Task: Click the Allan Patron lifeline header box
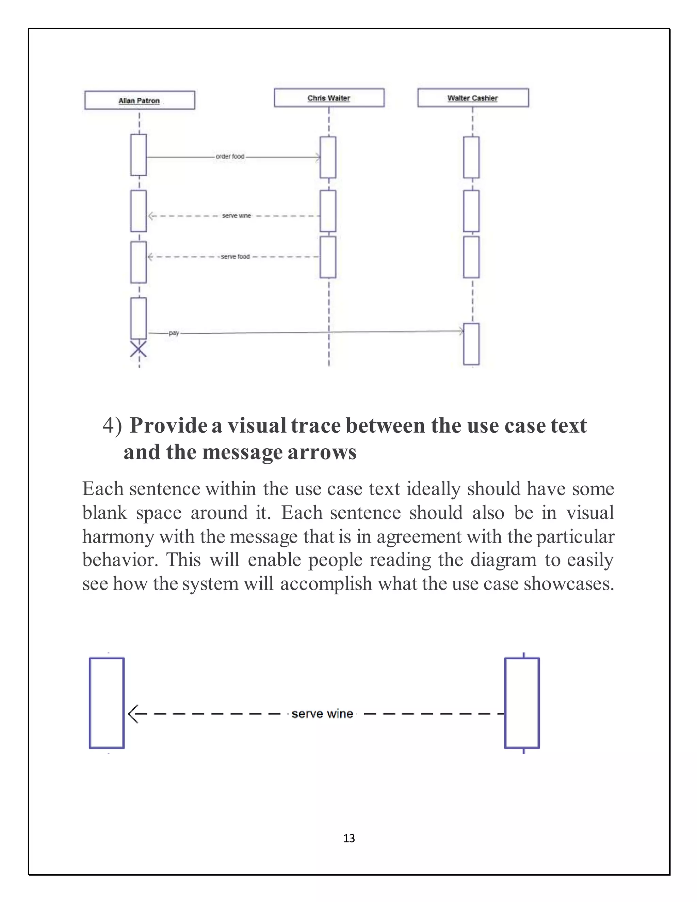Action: [x=139, y=100]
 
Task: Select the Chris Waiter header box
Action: [x=329, y=98]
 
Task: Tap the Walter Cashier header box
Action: [x=472, y=98]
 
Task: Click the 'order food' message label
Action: [x=230, y=157]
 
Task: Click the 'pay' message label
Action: [x=174, y=333]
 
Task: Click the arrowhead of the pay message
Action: [x=461, y=331]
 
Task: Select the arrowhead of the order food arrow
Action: [x=318, y=157]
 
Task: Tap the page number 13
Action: [x=349, y=838]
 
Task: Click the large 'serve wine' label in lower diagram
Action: [x=322, y=714]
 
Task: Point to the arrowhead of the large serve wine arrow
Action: [x=132, y=714]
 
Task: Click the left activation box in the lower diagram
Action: [x=107, y=703]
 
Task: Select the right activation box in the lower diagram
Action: [x=522, y=703]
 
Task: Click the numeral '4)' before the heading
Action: [x=112, y=426]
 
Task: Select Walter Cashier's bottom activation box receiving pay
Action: [x=471, y=344]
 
